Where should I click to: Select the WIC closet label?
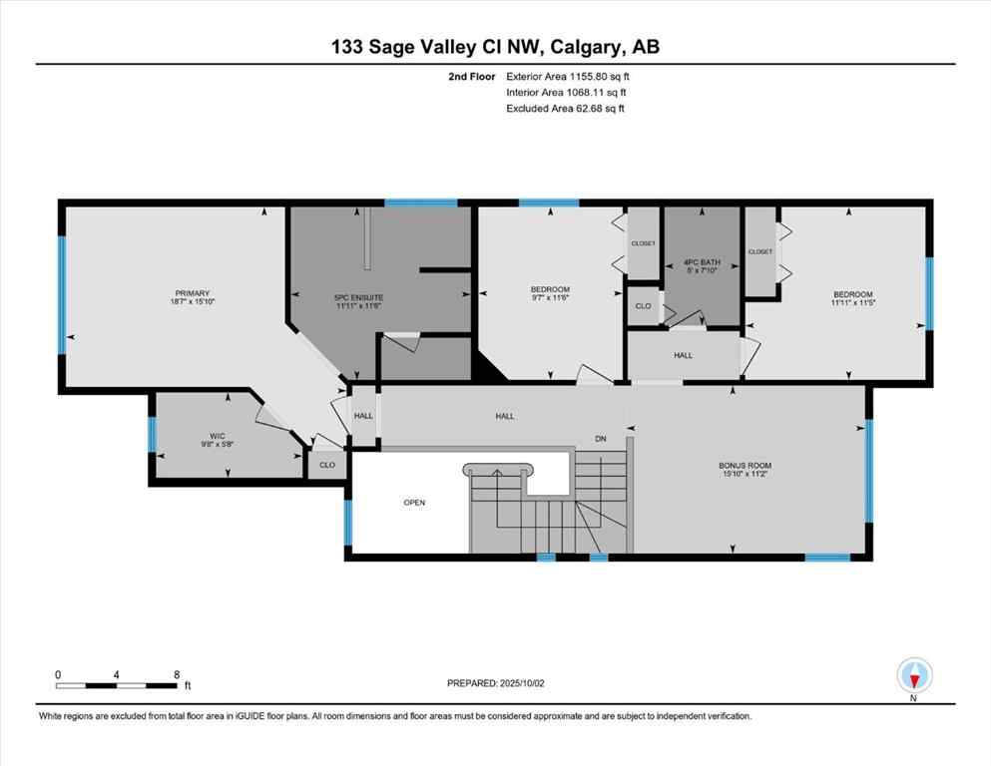pyautogui.click(x=217, y=436)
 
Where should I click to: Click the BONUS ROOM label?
pyautogui.click(x=745, y=466)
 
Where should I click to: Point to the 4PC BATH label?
pyautogui.click(x=702, y=264)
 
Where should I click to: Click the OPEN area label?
pyautogui.click(x=414, y=503)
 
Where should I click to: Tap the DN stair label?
pyautogui.click(x=601, y=439)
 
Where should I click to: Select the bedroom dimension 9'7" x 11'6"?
pyautogui.click(x=550, y=298)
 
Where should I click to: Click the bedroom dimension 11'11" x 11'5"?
pyautogui.click(x=853, y=302)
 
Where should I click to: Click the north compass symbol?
pyautogui.click(x=914, y=676)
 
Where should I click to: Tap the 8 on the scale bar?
pyautogui.click(x=177, y=674)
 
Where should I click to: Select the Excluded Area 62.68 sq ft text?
pyautogui.click(x=566, y=108)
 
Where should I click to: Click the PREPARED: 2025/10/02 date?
pyautogui.click(x=497, y=683)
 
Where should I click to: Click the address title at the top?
pyautogui.click(x=495, y=46)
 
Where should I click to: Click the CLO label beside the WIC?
pyautogui.click(x=326, y=465)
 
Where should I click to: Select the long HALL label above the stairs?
pyautogui.click(x=505, y=416)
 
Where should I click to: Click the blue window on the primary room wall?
pyautogui.click(x=62, y=295)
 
